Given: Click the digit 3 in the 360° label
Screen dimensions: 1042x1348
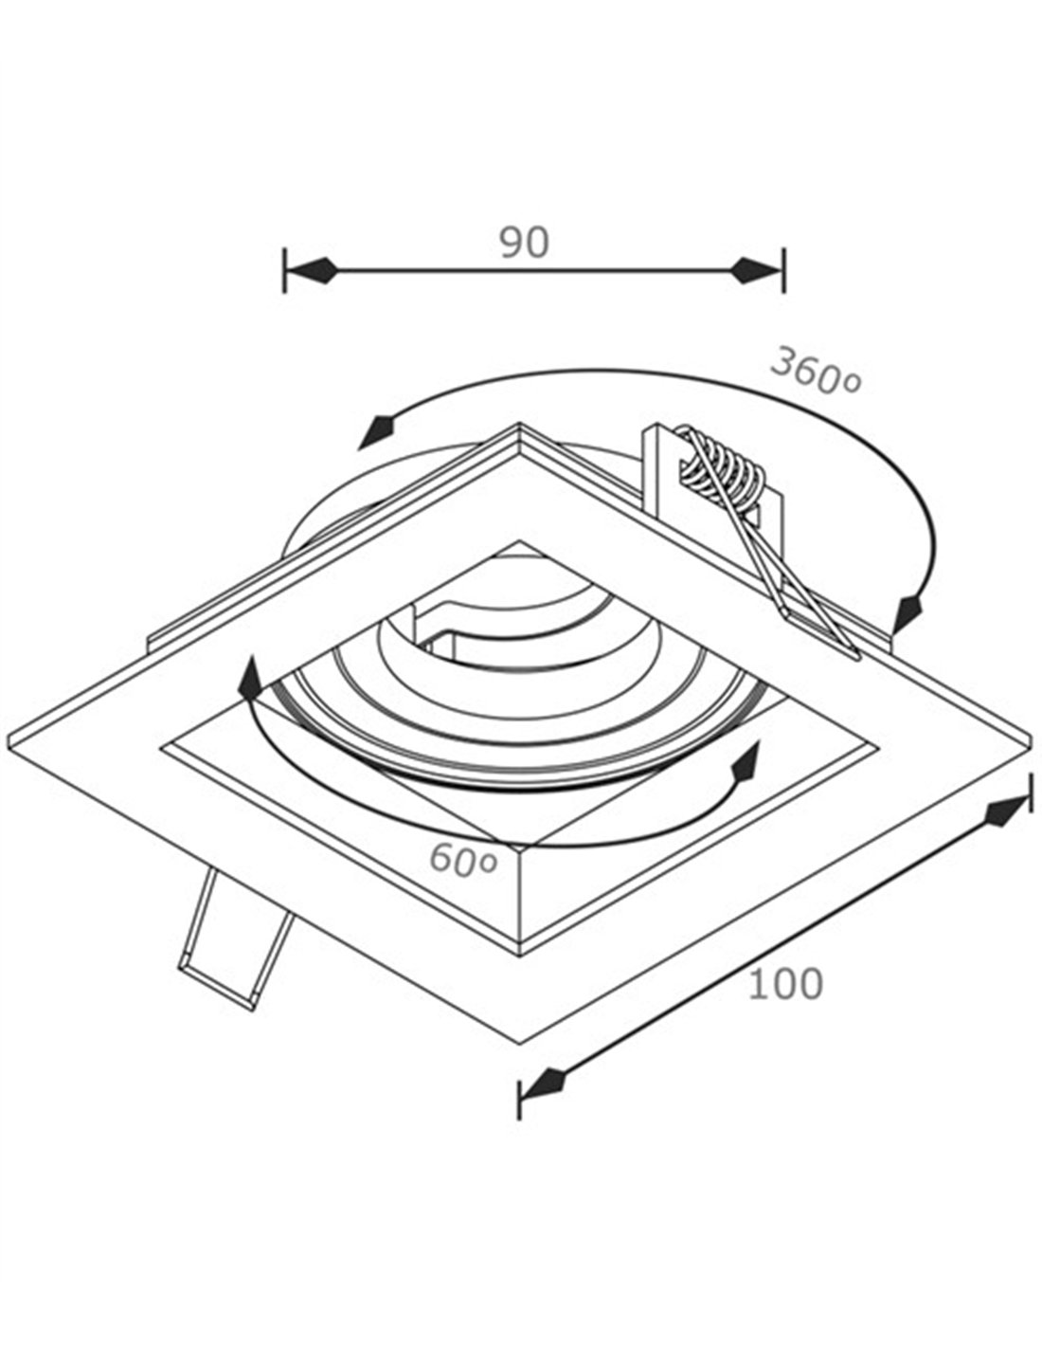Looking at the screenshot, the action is pos(785,363).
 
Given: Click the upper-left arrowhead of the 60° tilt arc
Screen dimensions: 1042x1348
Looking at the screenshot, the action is pos(250,678).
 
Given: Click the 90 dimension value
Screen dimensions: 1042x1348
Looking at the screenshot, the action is pos(525,243).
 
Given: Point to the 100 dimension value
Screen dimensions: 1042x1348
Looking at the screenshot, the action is pos(785,983).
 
